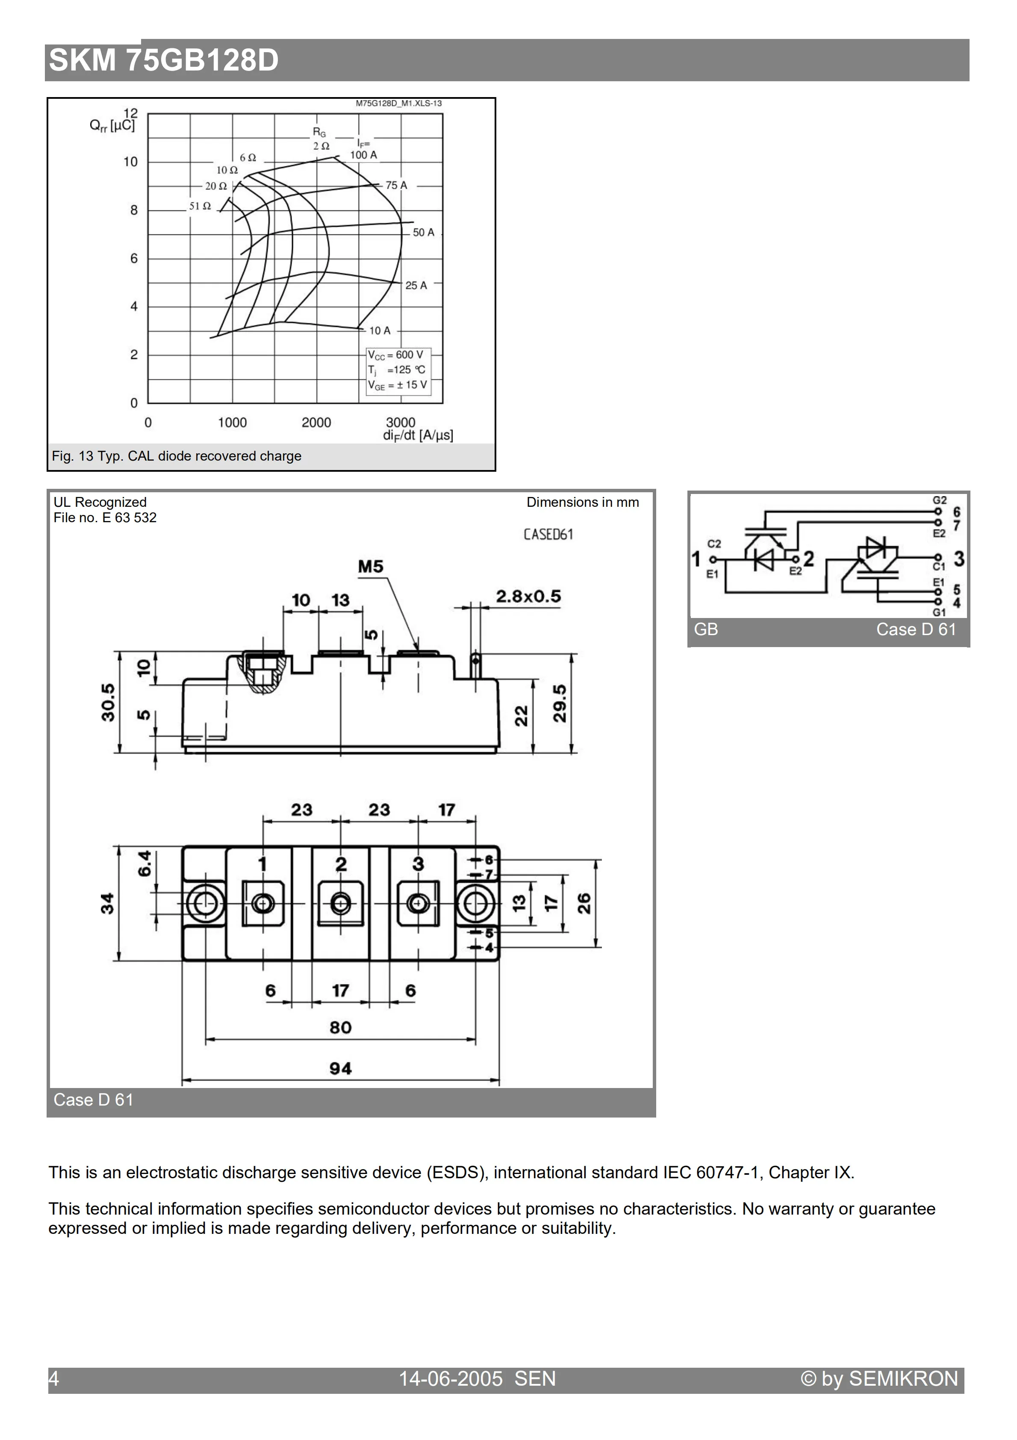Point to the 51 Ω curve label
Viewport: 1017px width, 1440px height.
click(200, 206)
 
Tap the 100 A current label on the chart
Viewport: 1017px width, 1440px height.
click(363, 155)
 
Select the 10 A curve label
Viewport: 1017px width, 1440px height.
click(379, 331)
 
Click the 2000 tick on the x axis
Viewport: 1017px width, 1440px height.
click(316, 423)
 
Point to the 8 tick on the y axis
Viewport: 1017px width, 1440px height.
click(133, 210)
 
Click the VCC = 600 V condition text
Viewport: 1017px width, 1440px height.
click(395, 355)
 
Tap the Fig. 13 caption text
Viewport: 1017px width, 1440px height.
click(176, 456)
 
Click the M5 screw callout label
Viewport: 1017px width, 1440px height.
click(371, 567)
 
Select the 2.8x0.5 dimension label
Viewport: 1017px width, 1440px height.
click(528, 597)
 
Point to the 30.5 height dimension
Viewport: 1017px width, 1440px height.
click(108, 702)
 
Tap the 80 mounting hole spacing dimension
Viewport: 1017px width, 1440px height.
click(340, 1027)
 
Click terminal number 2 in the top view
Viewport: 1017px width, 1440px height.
click(340, 864)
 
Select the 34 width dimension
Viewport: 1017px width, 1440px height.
click(108, 904)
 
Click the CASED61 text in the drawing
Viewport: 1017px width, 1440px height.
click(548, 534)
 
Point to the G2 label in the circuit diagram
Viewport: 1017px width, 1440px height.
click(939, 500)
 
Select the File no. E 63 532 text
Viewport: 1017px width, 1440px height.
click(105, 517)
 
